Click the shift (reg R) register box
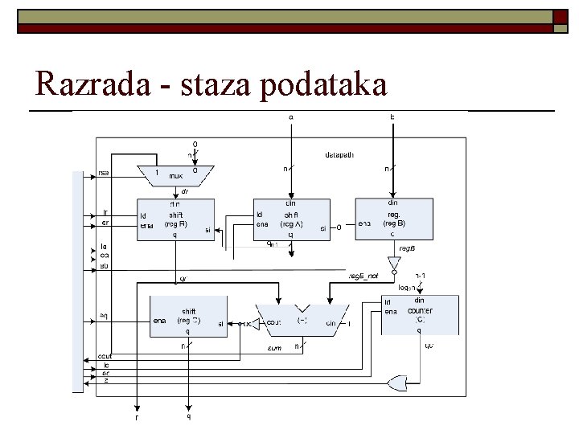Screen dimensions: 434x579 click(x=174, y=219)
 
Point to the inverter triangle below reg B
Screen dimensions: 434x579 click(x=393, y=263)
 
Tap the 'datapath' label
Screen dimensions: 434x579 click(x=339, y=154)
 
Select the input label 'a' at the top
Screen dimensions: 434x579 click(x=291, y=117)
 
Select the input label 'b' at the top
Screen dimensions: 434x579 click(x=392, y=117)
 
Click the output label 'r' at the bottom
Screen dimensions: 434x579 click(x=138, y=417)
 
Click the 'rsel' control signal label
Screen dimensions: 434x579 click(x=105, y=172)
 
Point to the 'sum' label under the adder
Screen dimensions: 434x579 click(x=274, y=347)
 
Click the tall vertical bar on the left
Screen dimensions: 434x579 click(x=78, y=281)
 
